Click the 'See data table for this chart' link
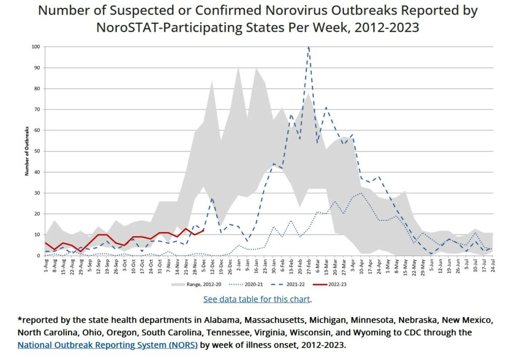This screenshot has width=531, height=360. click(x=257, y=299)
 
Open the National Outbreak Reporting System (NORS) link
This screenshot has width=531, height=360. click(x=107, y=344)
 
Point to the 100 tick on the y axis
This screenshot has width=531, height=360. click(x=36, y=47)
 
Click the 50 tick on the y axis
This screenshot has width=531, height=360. click(x=37, y=151)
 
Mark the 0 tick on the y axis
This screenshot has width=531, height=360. click(x=39, y=256)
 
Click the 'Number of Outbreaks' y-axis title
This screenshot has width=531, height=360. click(x=26, y=151)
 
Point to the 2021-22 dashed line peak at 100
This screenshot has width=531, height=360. click(x=309, y=47)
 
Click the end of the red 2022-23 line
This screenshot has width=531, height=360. click(x=204, y=231)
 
